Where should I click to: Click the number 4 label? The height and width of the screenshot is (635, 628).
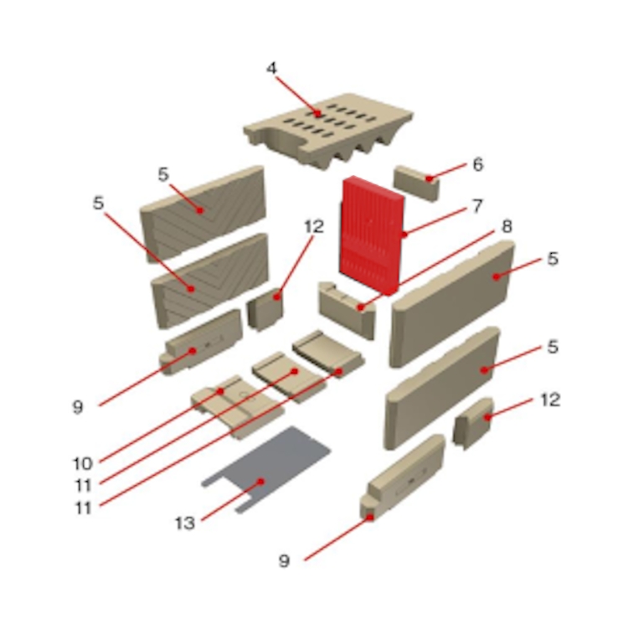pyautogui.click(x=271, y=68)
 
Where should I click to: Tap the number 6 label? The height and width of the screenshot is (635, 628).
pyautogui.click(x=478, y=164)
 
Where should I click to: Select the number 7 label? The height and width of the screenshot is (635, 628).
pyautogui.click(x=478, y=206)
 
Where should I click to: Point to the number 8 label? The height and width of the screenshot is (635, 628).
pyautogui.click(x=507, y=226)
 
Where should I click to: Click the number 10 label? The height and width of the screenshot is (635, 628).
pyautogui.click(x=83, y=464)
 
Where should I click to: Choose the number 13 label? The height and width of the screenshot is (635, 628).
pyautogui.click(x=185, y=524)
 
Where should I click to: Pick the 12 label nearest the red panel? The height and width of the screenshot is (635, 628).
pyautogui.click(x=314, y=227)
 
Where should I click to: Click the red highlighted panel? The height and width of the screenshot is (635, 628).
pyautogui.click(x=371, y=235)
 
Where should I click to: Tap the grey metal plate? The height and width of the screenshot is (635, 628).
pyautogui.click(x=267, y=469)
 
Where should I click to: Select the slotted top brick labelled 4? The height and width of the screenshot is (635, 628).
pyautogui.click(x=328, y=131)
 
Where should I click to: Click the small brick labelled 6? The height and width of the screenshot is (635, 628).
pyautogui.click(x=416, y=183)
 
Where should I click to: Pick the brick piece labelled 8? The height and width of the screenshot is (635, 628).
pyautogui.click(x=347, y=308)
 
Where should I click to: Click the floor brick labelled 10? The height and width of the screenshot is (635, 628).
pyautogui.click(x=237, y=406)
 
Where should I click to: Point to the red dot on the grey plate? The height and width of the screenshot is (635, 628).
pyautogui.click(x=261, y=481)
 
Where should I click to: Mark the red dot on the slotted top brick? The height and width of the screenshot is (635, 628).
pyautogui.click(x=319, y=114)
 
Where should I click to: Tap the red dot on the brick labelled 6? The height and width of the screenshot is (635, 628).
pyautogui.click(x=430, y=178)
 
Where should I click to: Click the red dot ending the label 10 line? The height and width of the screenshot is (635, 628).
pyautogui.click(x=221, y=390)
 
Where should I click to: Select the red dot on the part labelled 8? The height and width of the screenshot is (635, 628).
pyautogui.click(x=360, y=307)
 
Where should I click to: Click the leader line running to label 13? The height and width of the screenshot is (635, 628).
pyautogui.click(x=231, y=501)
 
